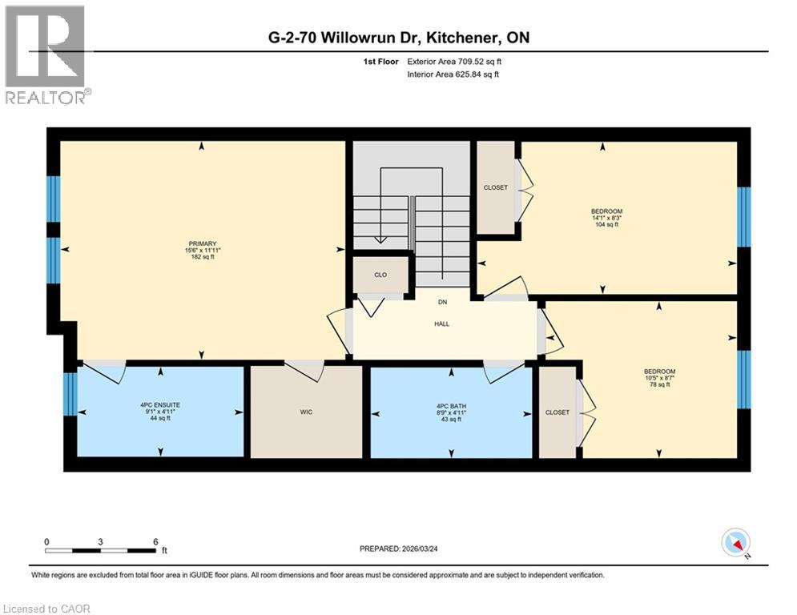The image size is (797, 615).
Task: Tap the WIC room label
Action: click(306, 412)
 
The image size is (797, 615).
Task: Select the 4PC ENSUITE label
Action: click(160, 405)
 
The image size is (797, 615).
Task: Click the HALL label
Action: click(441, 324)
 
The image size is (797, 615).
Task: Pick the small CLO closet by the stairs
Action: click(380, 275)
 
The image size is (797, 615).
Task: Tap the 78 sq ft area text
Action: click(659, 385)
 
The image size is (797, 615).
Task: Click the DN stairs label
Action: click(441, 302)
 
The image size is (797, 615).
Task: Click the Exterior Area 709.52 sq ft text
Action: click(455, 61)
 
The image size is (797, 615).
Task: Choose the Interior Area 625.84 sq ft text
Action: click(453, 74)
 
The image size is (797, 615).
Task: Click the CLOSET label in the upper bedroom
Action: click(496, 187)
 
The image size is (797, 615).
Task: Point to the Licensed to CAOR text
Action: click(47, 609)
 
